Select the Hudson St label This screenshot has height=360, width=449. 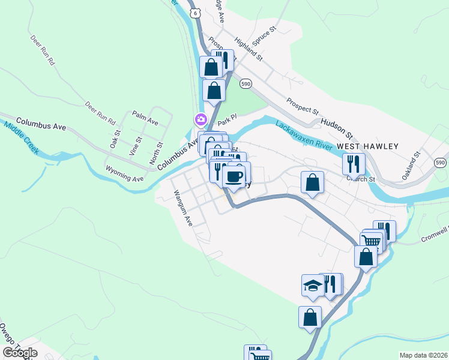point(337,121)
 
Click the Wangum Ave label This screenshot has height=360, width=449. point(182,208)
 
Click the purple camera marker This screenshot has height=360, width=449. point(200,120)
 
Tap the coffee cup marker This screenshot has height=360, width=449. point(234,176)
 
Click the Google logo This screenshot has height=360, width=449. point(20,353)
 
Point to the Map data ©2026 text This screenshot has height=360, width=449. point(423,355)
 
